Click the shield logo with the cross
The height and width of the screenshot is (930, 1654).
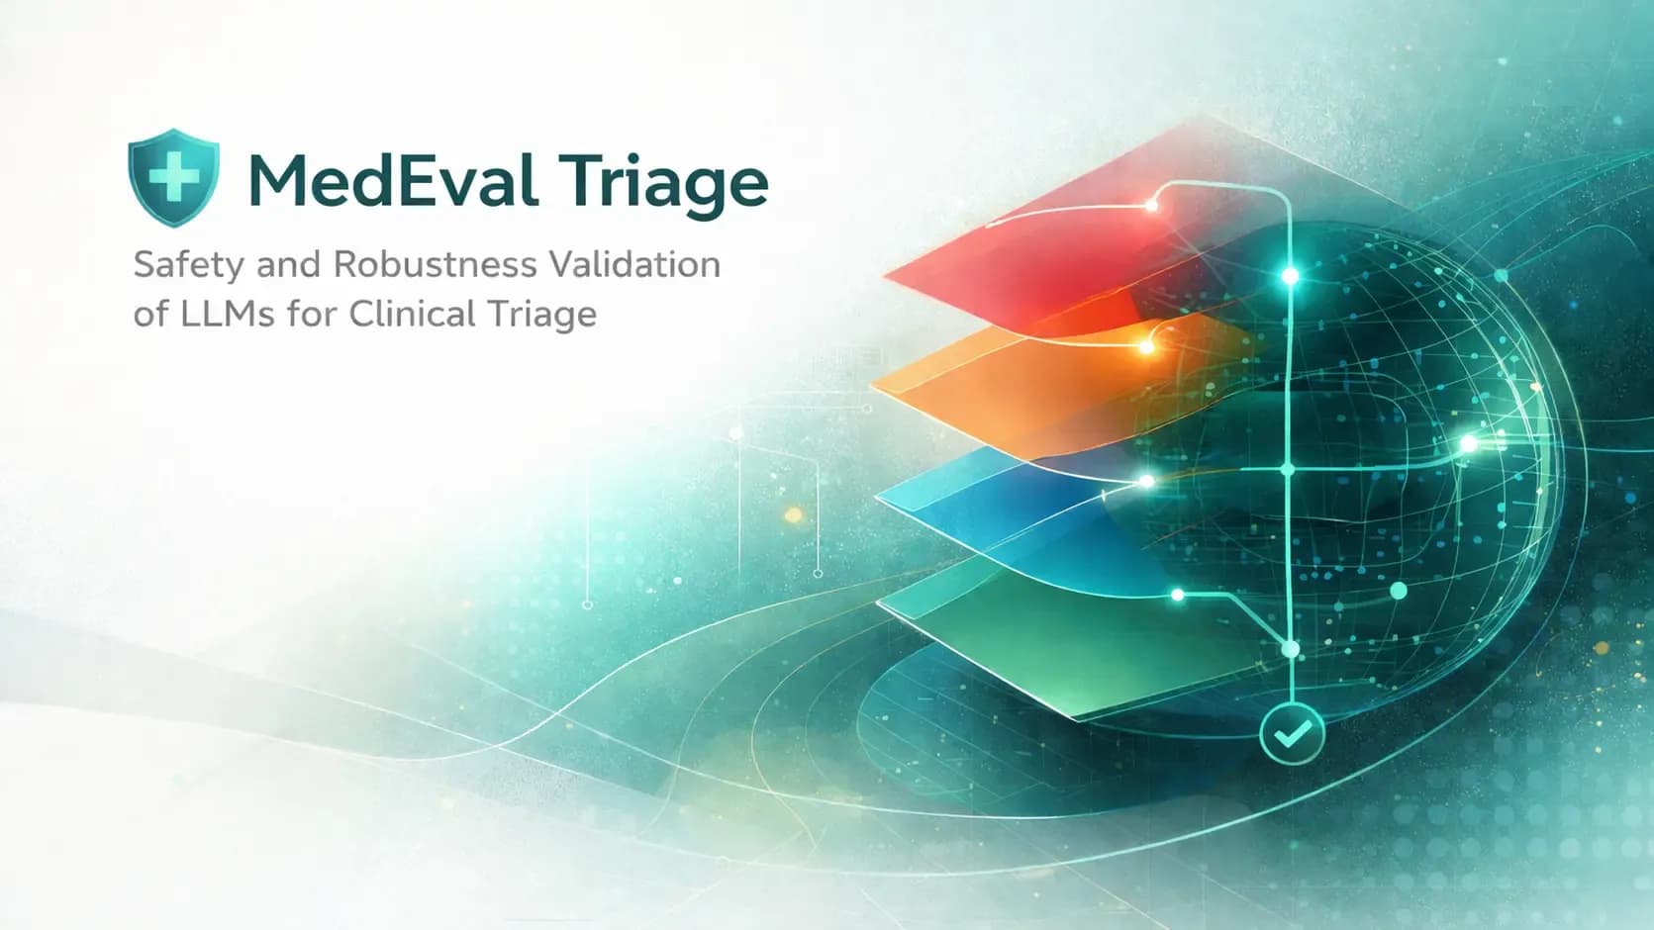point(173,177)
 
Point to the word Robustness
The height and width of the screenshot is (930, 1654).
point(435,264)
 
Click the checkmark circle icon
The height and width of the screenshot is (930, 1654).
point(1292,733)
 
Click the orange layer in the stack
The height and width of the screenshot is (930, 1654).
point(1048,384)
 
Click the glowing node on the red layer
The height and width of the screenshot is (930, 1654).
point(1150,206)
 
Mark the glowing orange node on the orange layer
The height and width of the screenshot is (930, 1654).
point(1147,345)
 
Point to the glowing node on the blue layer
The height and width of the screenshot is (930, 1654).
point(1147,481)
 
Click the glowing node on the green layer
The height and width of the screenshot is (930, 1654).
point(1178,595)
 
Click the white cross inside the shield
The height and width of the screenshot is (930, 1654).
point(173,176)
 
